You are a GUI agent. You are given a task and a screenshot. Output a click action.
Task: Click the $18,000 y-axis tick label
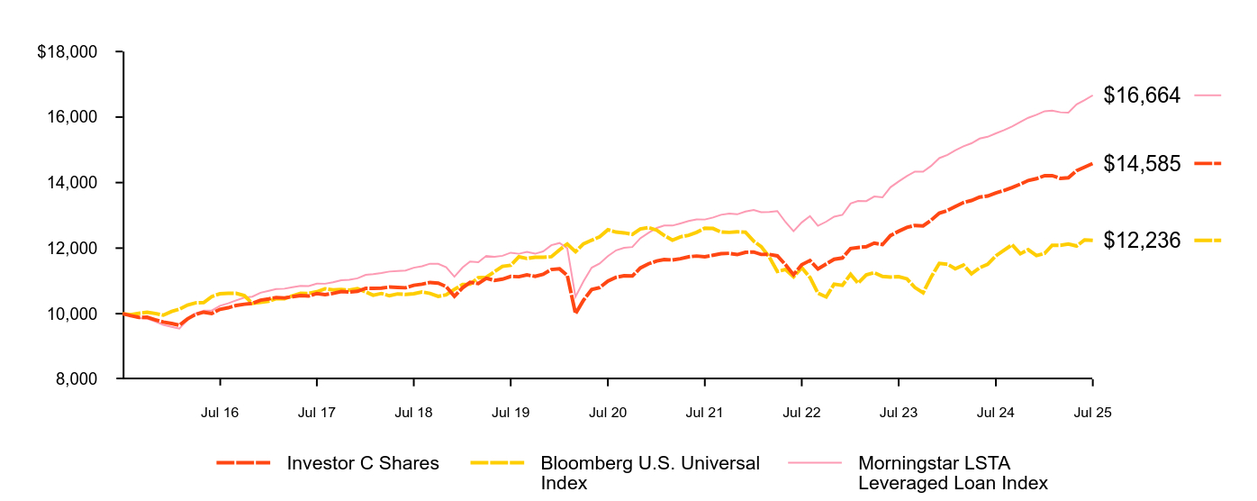tap(67, 52)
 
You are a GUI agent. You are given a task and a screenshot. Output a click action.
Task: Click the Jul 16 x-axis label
tap(220, 413)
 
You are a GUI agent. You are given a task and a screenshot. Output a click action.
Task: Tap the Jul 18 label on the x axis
tap(414, 413)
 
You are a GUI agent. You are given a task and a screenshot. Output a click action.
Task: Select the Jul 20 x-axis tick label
tap(608, 413)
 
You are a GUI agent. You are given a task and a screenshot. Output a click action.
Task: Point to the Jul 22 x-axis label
tap(802, 413)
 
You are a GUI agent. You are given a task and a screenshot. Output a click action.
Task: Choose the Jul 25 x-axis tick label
tap(1093, 413)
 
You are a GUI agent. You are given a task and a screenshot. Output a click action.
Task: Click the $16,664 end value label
tap(1141, 95)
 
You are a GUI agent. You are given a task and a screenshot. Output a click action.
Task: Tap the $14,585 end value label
tap(1141, 163)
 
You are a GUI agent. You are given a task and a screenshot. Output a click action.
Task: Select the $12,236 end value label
tap(1141, 240)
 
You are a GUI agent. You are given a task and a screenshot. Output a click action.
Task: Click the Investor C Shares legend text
tap(363, 463)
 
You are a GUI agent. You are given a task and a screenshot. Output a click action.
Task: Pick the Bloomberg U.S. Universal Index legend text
tap(650, 473)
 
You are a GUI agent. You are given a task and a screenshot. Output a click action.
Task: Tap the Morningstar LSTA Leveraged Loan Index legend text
tap(953, 473)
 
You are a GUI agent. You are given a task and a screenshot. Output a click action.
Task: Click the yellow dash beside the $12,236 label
tap(1207, 240)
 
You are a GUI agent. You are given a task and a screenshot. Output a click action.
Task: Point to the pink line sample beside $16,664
tap(1207, 95)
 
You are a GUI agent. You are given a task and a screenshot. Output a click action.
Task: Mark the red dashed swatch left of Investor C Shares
tap(243, 463)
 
